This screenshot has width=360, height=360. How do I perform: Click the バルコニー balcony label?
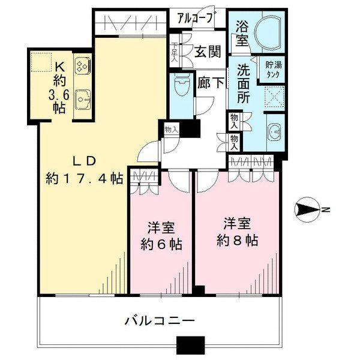point(160,320)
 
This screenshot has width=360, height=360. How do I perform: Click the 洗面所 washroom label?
point(242,82)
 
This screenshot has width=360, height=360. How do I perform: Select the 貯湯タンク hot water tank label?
point(272,69)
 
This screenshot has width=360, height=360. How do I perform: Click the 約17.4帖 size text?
point(85,178)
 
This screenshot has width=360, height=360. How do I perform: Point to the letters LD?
point(84,160)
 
